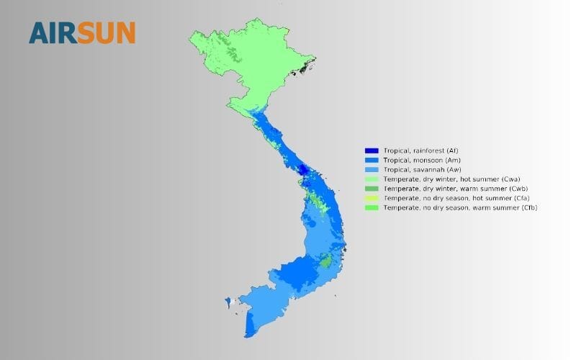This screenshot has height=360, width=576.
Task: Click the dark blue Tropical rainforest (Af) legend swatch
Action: [x=372, y=150]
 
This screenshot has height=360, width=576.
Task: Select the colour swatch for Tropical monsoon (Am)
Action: [x=372, y=159]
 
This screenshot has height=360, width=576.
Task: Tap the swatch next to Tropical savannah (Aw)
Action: [x=372, y=168]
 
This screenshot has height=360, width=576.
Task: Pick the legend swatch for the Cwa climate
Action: [x=372, y=179]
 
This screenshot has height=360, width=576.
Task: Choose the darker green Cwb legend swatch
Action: [x=372, y=188]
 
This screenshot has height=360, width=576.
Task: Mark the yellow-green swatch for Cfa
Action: [x=372, y=197]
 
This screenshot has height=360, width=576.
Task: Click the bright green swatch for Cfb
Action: [x=372, y=207]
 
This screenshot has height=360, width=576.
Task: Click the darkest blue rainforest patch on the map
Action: [x=303, y=171]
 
